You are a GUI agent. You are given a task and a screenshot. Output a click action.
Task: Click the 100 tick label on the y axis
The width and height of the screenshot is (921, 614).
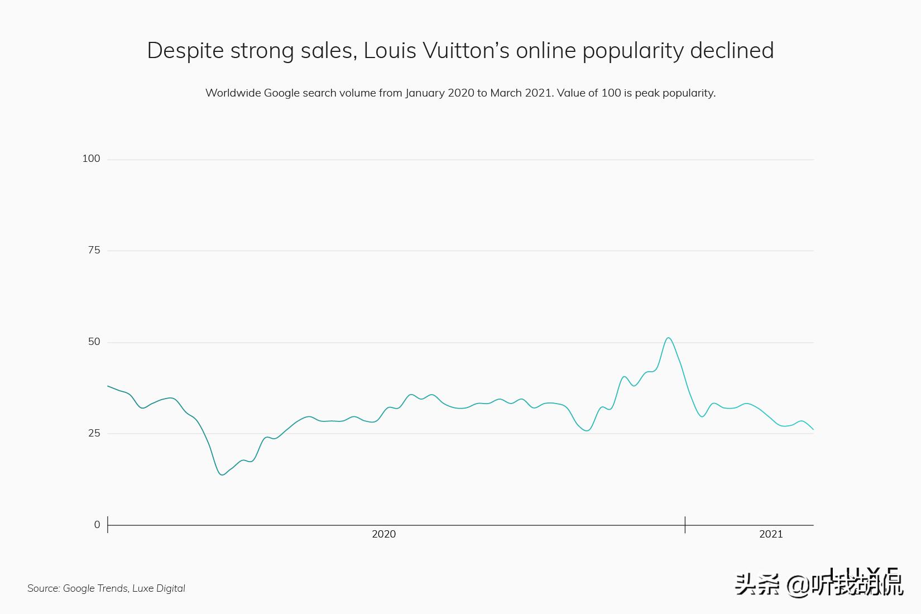click(91, 159)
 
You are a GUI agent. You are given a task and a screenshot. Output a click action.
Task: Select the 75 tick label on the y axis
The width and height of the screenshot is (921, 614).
click(94, 250)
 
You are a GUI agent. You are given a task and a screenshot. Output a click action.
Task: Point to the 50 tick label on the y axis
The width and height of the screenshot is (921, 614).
click(94, 342)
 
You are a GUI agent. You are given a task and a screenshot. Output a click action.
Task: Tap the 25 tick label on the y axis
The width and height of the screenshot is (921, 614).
click(94, 433)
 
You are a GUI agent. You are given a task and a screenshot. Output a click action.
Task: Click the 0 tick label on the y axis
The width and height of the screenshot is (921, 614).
click(97, 525)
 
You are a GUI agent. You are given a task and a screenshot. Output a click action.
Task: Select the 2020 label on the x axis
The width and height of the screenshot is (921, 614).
click(383, 534)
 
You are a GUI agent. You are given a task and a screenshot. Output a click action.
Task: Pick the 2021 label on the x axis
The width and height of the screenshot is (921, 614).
click(771, 534)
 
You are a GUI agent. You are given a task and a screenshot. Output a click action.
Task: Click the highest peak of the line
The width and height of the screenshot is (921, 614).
click(668, 338)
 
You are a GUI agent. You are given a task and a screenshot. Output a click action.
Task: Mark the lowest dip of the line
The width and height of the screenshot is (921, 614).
click(222, 474)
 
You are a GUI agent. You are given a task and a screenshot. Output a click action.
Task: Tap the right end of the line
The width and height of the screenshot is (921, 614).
click(813, 429)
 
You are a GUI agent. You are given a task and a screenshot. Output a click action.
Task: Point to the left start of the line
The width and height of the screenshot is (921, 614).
click(108, 386)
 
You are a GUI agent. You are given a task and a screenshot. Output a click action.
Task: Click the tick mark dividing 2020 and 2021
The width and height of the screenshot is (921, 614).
click(685, 525)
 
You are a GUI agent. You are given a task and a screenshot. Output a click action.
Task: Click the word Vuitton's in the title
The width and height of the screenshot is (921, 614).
click(466, 50)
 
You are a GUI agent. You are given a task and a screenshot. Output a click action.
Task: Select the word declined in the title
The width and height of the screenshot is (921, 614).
click(732, 50)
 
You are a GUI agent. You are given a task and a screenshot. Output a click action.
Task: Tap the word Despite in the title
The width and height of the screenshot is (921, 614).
click(185, 50)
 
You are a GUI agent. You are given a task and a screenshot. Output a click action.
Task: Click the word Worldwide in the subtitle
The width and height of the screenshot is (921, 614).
click(232, 93)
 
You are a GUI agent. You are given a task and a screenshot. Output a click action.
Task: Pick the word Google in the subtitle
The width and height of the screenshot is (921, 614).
click(281, 93)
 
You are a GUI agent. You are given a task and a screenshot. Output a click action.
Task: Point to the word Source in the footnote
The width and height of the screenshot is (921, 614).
click(43, 588)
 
